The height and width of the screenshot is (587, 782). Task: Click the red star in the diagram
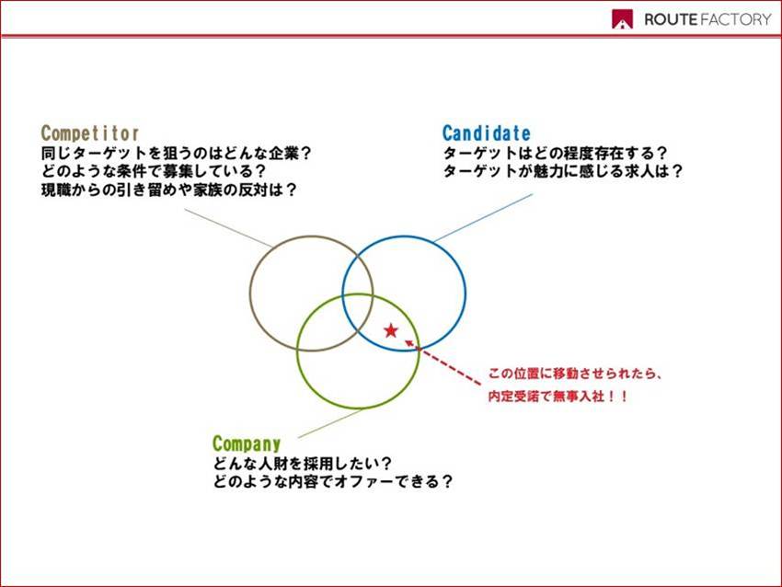[x=391, y=330]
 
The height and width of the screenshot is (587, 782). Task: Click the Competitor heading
[x=90, y=133]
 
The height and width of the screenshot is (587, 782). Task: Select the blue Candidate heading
[x=487, y=133]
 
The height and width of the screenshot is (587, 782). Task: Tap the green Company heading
[x=247, y=443]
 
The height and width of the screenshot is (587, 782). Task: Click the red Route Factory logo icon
[x=623, y=19]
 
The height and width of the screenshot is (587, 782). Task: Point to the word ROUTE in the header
[x=671, y=19]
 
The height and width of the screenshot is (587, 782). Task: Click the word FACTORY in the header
[x=736, y=19]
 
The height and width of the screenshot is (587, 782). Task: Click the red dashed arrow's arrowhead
[x=409, y=343]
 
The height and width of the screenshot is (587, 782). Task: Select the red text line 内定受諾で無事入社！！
[x=558, y=397]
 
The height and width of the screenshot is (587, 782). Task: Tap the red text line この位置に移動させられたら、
[x=575, y=374]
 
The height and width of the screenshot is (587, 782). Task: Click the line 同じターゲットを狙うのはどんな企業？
[x=176, y=153]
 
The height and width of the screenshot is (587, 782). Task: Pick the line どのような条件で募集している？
[x=154, y=171]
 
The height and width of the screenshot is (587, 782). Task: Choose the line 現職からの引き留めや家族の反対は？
[x=169, y=190]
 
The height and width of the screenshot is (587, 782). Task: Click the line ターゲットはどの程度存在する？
[x=555, y=153]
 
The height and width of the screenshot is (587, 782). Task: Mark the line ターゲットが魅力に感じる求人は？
[x=562, y=171]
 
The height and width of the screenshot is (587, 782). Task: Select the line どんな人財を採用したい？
[x=303, y=464]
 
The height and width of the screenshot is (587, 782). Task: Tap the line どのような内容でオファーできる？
[x=333, y=482]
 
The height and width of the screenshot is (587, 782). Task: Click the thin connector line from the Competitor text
[x=228, y=228]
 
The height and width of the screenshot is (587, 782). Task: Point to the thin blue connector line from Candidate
[x=483, y=218]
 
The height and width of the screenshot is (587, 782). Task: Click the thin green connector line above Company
[x=330, y=423]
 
